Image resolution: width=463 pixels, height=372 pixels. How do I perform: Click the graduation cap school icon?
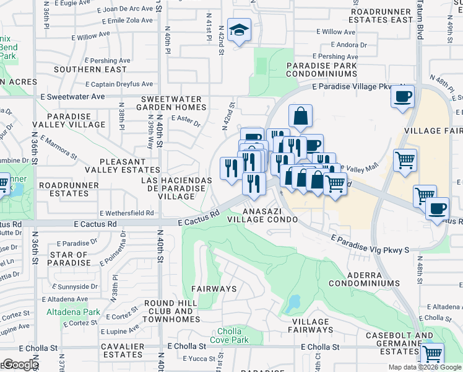[x=238, y=30]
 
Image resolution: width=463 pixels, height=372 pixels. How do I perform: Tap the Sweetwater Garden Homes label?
[x=172, y=103]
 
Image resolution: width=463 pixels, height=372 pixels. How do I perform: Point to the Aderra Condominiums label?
[x=364, y=278]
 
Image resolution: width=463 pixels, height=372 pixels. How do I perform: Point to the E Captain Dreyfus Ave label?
[x=119, y=84]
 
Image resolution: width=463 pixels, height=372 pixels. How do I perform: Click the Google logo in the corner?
[x=21, y=365]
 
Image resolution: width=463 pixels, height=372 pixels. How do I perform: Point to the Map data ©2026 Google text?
[x=425, y=367]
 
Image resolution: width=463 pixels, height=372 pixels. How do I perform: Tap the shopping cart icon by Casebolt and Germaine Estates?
[x=432, y=354]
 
